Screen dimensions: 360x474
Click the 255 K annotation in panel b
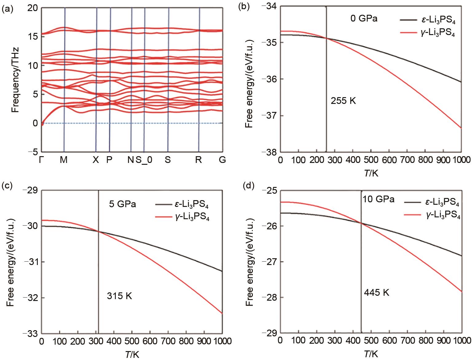(343, 101)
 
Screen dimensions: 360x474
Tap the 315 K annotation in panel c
(119, 296)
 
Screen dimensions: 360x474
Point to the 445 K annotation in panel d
(376, 292)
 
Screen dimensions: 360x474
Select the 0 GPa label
(364, 18)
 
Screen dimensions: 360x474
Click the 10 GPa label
(378, 199)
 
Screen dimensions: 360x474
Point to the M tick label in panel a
(64, 160)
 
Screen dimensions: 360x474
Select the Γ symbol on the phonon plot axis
(41, 160)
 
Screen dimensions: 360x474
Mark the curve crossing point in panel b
(326, 38)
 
